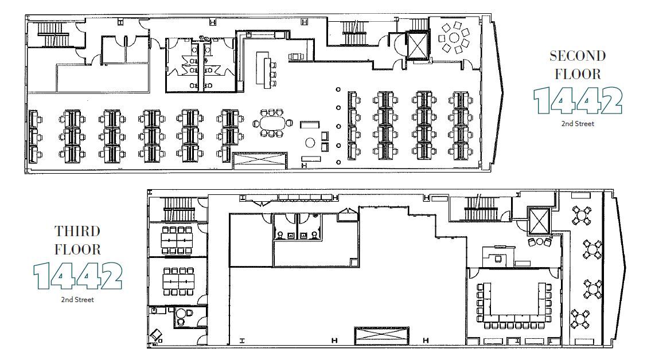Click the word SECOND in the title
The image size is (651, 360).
pyautogui.click(x=578, y=56)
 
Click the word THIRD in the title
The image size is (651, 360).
pyautogui.click(x=77, y=232)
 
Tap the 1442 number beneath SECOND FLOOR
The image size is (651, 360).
pyautogui.click(x=578, y=100)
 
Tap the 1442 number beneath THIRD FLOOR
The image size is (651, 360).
pyautogui.click(x=77, y=276)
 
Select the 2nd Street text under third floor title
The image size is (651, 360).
pyautogui.click(x=77, y=299)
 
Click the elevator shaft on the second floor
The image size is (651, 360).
pyautogui.click(x=417, y=44)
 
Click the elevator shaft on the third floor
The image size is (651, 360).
pyautogui.click(x=538, y=220)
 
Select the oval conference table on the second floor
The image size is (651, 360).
pyautogui.click(x=272, y=124)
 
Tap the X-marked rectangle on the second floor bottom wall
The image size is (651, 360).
pyautogui.click(x=259, y=160)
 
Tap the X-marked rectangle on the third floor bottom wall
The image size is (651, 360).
pyautogui.click(x=382, y=336)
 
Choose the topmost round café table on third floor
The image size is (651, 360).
pyautogui.click(x=581, y=216)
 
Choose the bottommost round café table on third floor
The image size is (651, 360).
pyautogui.click(x=581, y=318)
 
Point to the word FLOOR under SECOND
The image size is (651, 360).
pyautogui.click(x=578, y=73)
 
